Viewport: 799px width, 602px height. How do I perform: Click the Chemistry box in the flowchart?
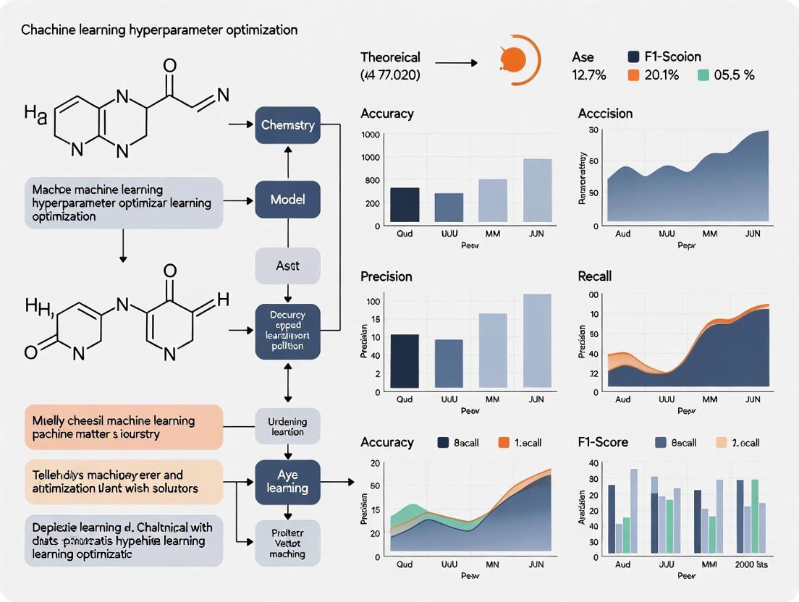tap(288, 125)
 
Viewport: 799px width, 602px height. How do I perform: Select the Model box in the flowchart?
tap(288, 199)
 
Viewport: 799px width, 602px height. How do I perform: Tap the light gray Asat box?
tap(288, 266)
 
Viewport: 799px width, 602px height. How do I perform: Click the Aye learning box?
tap(288, 482)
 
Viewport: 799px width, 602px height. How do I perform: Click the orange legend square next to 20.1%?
tap(633, 75)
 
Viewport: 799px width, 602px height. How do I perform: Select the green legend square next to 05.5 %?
tap(703, 75)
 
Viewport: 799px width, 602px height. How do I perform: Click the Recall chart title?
tap(595, 276)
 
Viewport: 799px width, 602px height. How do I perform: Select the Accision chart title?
tap(605, 114)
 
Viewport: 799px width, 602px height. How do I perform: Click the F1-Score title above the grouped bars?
tap(604, 442)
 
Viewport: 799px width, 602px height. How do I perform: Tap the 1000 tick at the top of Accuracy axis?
tap(370, 135)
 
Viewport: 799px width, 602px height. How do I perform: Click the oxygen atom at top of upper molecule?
tap(170, 66)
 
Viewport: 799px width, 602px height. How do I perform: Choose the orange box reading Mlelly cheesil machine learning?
tap(123, 427)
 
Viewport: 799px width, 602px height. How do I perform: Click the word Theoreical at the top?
tap(390, 57)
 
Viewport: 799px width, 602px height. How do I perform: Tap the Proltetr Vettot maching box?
tap(288, 543)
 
